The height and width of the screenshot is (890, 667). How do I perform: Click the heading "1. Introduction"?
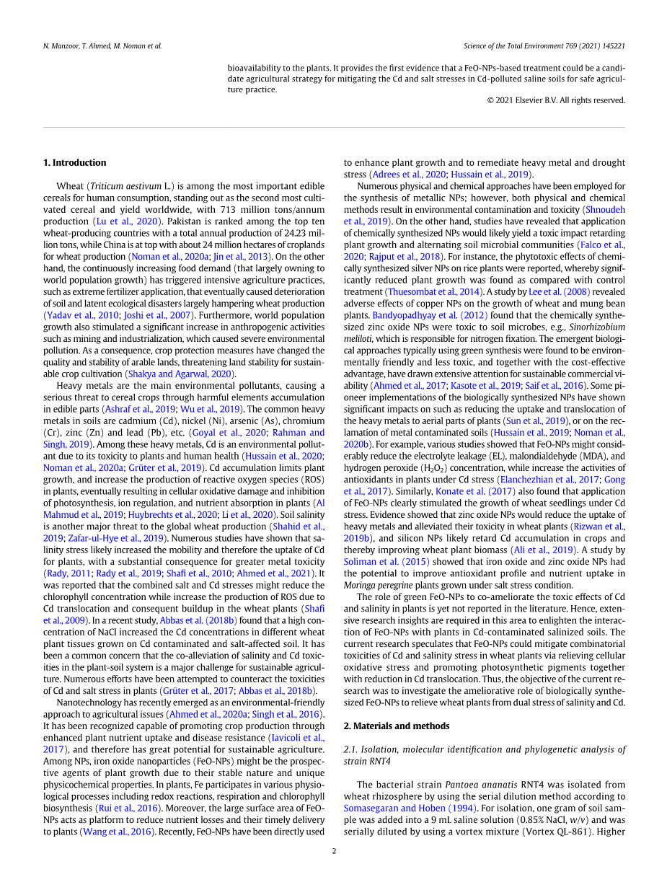click(x=74, y=163)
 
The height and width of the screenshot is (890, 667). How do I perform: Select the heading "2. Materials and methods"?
click(x=396, y=726)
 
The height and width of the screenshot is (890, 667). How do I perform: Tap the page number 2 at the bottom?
click(x=334, y=851)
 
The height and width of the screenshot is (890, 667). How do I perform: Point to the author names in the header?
click(x=102, y=46)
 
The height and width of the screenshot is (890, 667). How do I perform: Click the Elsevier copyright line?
click(x=556, y=100)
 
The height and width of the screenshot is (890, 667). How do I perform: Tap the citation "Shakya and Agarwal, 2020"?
click(x=181, y=374)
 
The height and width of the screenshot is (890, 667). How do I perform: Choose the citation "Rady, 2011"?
click(x=68, y=573)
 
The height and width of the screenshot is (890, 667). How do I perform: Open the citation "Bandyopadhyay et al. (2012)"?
click(x=430, y=315)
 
